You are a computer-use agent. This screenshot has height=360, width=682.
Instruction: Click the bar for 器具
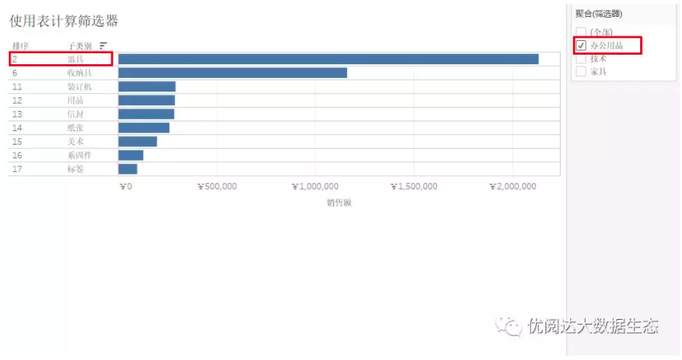click(328, 59)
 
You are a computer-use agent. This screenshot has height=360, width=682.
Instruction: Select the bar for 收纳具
click(232, 73)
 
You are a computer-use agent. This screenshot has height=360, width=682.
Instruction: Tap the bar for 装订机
click(146, 87)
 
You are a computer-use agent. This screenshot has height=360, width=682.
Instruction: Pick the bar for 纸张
click(144, 128)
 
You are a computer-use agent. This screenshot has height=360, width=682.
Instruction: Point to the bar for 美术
click(137, 141)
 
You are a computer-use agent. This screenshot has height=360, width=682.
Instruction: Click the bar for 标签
click(128, 169)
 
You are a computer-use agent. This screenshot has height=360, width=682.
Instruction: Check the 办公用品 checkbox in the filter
click(582, 46)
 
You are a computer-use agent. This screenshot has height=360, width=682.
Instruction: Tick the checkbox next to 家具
click(582, 72)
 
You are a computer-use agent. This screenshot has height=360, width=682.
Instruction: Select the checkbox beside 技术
click(582, 59)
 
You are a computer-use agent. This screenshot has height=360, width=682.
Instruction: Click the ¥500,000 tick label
click(217, 186)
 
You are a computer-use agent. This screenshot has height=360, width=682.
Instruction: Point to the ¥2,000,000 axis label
click(513, 186)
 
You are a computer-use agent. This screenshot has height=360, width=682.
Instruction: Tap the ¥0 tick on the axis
click(125, 186)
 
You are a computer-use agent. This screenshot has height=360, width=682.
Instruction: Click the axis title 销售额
click(338, 202)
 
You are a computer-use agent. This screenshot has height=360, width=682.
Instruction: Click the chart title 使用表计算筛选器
click(64, 21)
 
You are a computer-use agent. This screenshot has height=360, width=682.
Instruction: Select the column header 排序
click(21, 46)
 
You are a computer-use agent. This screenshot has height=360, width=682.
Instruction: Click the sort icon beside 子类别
click(103, 46)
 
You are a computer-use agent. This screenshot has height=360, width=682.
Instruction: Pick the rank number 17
click(17, 169)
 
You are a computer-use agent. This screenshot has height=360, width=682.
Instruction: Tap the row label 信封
click(76, 114)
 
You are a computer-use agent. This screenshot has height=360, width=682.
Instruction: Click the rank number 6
click(14, 73)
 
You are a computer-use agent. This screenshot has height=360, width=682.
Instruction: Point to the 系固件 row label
click(79, 155)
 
